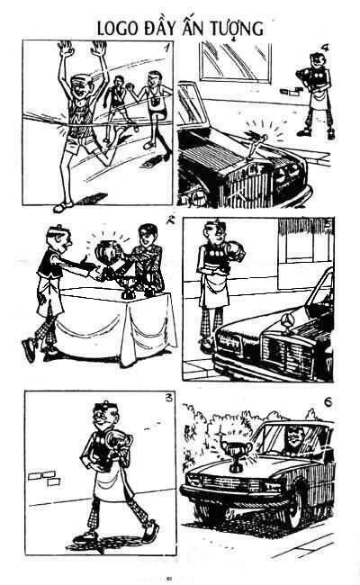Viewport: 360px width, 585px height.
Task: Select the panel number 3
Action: pos(169,398)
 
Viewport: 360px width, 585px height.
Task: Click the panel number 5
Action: pos(328,225)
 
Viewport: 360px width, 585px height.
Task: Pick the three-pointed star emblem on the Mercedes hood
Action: pos(287,320)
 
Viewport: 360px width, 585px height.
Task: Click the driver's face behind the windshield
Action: pos(293,437)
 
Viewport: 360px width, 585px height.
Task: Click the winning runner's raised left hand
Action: pos(66,49)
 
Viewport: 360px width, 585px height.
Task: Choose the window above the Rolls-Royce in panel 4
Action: pos(236,61)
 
